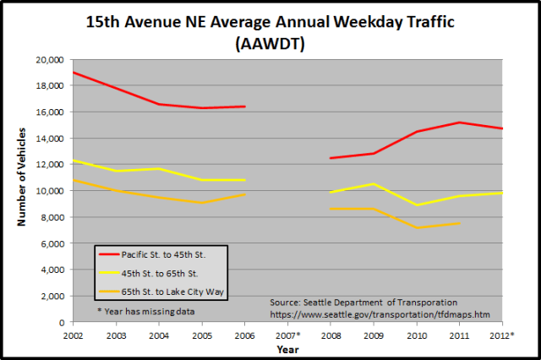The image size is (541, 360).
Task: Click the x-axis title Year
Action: pos(287,348)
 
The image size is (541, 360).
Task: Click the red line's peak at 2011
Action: pos(459,123)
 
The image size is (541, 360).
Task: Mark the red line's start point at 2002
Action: pos(74,73)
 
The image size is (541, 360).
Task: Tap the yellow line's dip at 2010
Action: pos(416,205)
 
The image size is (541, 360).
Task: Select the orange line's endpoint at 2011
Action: pos(459,223)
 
